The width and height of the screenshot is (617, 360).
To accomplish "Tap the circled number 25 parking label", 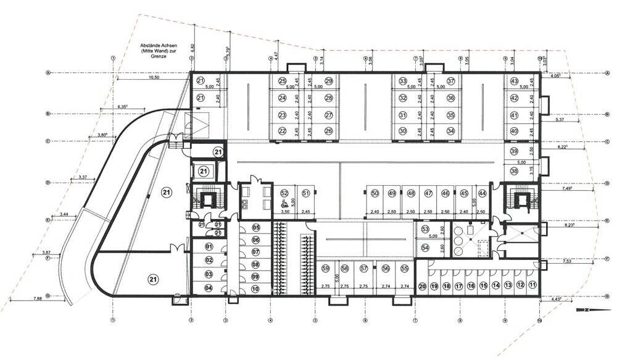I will (282, 81).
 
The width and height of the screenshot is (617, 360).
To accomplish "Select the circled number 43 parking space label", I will (514, 81).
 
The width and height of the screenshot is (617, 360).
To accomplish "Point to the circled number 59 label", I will (325, 269).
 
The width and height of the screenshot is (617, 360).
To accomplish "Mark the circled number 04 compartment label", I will (209, 288).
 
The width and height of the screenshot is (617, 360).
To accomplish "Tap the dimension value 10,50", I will (154, 78).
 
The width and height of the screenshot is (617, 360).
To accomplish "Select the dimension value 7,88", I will (38, 299).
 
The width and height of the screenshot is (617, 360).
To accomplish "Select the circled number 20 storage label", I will (423, 286).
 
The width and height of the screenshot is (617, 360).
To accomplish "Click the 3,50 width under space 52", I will (284, 212).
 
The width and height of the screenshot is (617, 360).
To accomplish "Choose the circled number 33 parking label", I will (403, 81).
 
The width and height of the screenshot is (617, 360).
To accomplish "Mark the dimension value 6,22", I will (562, 148).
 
